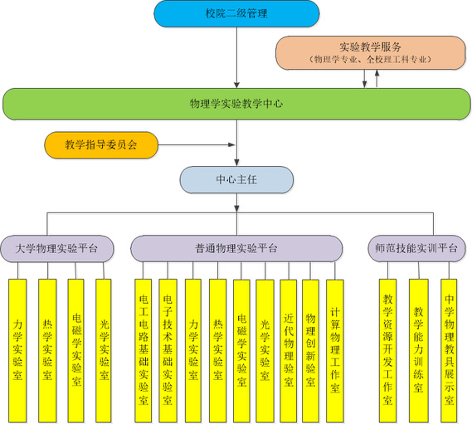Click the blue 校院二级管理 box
(236, 13)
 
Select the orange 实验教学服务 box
(371, 53)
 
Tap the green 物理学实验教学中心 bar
(236, 104)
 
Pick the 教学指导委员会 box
(101, 145)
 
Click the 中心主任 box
(236, 180)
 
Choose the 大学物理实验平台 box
(57, 249)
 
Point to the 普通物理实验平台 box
(236, 248)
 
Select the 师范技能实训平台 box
(416, 248)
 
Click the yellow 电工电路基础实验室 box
(144, 351)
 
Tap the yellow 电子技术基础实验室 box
(168, 351)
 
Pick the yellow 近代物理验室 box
(289, 351)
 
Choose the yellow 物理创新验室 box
(310, 351)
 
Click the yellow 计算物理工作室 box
(335, 351)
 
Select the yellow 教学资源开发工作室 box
(387, 351)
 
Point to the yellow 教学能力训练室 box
(418, 351)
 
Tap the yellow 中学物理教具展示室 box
(449, 351)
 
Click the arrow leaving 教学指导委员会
(197, 145)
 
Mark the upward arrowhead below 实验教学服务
(377, 73)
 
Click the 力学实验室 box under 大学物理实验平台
(17, 351)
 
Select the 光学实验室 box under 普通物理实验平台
(265, 351)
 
